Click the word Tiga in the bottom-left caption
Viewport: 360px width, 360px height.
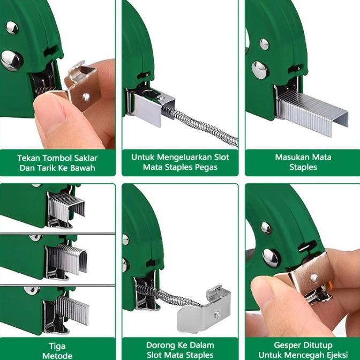(x=57, y=346)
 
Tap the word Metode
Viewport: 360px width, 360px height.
(x=57, y=356)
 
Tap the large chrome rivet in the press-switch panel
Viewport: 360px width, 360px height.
(x=12, y=61)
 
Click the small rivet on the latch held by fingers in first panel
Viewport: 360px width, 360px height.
(x=86, y=97)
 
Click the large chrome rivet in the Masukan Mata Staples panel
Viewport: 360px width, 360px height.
(x=260, y=70)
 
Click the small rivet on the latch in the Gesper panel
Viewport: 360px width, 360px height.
(x=314, y=278)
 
